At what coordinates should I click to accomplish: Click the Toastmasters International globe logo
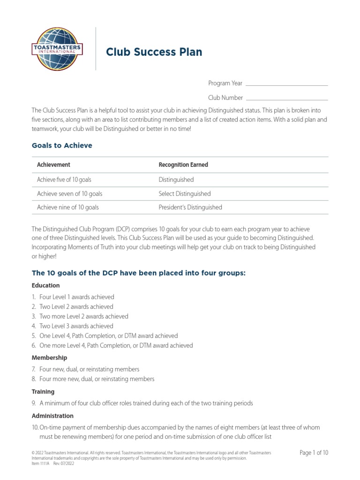pyautogui.click(x=56, y=48)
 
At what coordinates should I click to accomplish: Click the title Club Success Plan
pyautogui.click(x=154, y=52)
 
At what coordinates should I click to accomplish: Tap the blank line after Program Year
pyautogui.click(x=286, y=85)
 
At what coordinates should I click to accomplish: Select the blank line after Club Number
pyautogui.click(x=286, y=99)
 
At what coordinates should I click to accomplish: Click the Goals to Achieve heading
pyautogui.click(x=62, y=145)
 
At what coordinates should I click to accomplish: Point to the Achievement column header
pyautogui.click(x=53, y=165)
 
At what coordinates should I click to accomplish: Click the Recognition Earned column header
pyautogui.click(x=183, y=165)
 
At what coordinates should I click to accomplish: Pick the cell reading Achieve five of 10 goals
pyautogui.click(x=67, y=180)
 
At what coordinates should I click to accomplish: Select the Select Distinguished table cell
pyautogui.click(x=185, y=194)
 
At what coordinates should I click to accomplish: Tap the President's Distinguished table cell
pyautogui.click(x=190, y=207)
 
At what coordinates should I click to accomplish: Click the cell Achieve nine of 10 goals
pyautogui.click(x=68, y=207)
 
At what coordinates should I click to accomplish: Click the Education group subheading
pyautogui.click(x=45, y=285)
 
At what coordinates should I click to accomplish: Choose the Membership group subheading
pyautogui.click(x=49, y=358)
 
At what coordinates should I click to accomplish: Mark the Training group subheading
pyautogui.click(x=43, y=391)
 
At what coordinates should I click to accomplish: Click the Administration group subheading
pyautogui.click(x=52, y=416)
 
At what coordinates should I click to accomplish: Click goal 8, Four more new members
pyautogui.click(x=97, y=379)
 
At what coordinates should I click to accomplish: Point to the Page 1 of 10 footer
pyautogui.click(x=314, y=453)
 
